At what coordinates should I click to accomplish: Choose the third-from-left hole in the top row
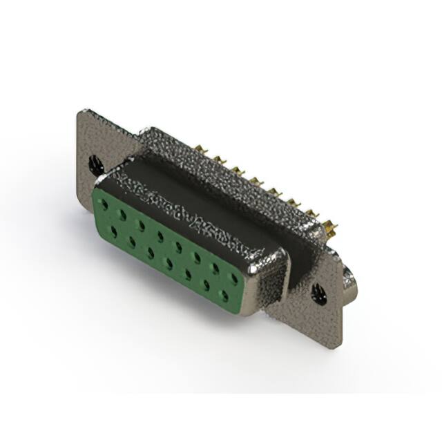[x=142, y=226]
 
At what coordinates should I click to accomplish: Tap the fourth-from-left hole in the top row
[x=160, y=236]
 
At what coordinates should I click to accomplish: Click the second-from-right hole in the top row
[x=216, y=269]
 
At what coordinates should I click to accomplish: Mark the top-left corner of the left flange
[x=82, y=110]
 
